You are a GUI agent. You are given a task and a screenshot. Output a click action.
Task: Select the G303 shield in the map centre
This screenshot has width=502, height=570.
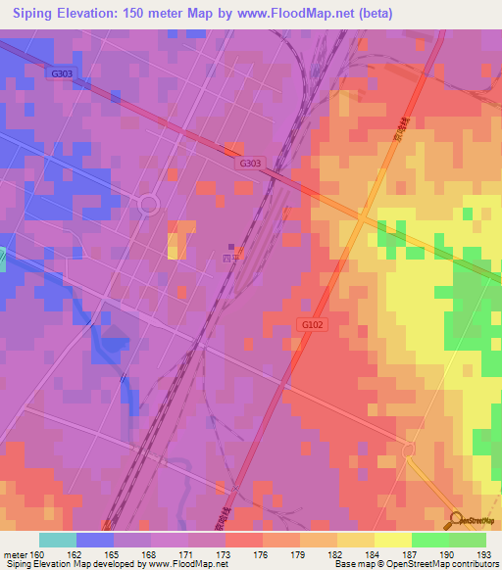click(249, 165)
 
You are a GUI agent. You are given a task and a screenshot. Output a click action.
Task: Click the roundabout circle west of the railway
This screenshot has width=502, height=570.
click(148, 205)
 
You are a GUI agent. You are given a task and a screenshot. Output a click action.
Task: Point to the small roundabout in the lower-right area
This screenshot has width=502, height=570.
click(410, 449)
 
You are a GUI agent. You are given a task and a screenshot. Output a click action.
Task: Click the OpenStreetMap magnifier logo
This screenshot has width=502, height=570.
click(457, 519)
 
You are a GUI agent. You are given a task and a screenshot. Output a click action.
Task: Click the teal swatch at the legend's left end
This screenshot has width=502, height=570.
click(58, 540)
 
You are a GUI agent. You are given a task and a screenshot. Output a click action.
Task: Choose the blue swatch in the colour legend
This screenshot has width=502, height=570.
click(95, 540)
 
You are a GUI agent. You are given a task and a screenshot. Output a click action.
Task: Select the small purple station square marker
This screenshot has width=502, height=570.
click(232, 247)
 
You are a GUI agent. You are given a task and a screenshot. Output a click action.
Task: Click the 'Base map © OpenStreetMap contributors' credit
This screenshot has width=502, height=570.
click(415, 564)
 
